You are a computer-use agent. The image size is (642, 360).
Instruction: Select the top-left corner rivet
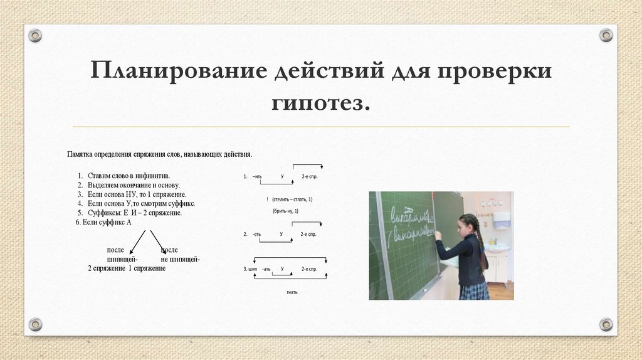pos(35,36)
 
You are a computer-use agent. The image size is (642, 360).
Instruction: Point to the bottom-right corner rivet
pos(606,324)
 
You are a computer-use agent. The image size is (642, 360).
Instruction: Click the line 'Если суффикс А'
pos(103,222)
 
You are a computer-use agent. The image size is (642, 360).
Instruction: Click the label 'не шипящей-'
pos(180,259)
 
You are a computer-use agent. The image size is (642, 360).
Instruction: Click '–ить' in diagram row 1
pos(258,177)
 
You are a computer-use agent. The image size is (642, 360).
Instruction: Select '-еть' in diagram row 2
pos(256,235)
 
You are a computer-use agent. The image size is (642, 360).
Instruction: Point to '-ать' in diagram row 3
pos(266,269)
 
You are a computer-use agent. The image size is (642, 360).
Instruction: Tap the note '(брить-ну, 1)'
pos(285,211)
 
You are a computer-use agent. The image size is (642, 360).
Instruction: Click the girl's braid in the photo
pos(481,245)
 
